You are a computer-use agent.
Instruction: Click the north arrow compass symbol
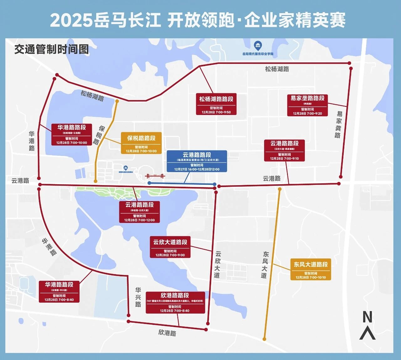pos(367,326)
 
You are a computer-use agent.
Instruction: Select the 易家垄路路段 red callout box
pos(307,105)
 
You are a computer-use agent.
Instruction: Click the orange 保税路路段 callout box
pos(141,143)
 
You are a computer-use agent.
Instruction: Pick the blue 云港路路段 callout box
pos(197,161)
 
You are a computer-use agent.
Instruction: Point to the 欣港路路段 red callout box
pos(175,302)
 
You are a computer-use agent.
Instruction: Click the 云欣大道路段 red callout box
pos(170,247)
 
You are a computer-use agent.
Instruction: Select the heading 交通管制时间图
pos(52,49)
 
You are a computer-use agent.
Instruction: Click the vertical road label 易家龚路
pos(338,124)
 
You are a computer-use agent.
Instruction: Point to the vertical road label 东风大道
pos(265,265)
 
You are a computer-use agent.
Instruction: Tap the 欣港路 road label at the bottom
pos(167,333)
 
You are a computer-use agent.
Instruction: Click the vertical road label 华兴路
pos(138,297)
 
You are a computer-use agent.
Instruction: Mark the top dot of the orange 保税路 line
pos(117,101)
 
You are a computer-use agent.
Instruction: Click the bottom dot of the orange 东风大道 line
pos(264,339)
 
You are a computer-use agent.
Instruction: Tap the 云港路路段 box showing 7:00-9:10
pos(284,150)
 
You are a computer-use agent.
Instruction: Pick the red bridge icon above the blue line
pos(155,176)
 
